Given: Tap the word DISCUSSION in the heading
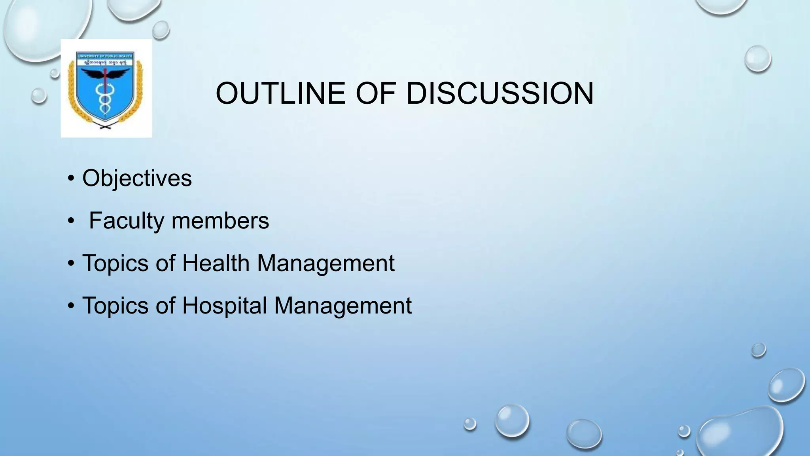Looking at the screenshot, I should coord(500,94).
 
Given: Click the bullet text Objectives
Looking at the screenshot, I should coord(137,178).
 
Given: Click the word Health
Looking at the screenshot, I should coord(216,263).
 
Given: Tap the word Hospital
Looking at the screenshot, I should coord(224,306).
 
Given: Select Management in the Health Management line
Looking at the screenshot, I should coord(326,263).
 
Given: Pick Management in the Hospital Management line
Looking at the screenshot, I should coord(343,306).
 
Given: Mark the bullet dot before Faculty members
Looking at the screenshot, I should coord(71,221).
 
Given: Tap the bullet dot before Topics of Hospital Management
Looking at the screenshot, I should coord(71,306).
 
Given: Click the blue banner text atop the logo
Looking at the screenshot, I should coord(106,56).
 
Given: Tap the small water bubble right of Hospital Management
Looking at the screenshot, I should coord(758,350).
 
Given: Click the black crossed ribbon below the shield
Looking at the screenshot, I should coord(106,126).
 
